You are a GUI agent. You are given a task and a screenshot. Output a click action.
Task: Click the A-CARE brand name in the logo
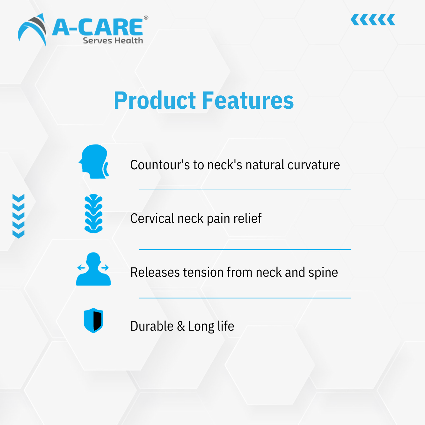click(98, 27)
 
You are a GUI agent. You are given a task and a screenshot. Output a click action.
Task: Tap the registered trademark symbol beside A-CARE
click(146, 18)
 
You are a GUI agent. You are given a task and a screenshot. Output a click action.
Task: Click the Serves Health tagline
click(113, 41)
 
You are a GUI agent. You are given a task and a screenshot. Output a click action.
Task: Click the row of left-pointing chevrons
click(373, 20)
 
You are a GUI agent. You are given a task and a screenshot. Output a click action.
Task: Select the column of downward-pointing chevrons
click(18, 216)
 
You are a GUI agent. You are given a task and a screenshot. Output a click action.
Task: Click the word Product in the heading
click(155, 101)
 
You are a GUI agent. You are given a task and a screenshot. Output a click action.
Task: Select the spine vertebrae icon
click(93, 214)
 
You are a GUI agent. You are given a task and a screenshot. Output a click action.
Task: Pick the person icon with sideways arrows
click(93, 269)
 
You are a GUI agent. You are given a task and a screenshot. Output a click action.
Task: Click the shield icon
click(93, 320)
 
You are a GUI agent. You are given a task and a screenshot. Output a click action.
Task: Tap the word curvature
click(314, 165)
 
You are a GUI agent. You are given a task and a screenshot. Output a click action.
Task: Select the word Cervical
click(152, 219)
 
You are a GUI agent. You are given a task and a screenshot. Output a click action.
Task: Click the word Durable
click(152, 326)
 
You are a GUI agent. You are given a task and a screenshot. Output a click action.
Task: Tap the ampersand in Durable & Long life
click(181, 326)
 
